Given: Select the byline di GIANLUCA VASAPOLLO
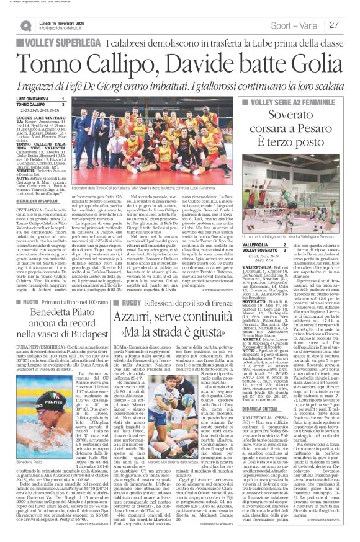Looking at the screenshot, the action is tap(39, 201).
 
